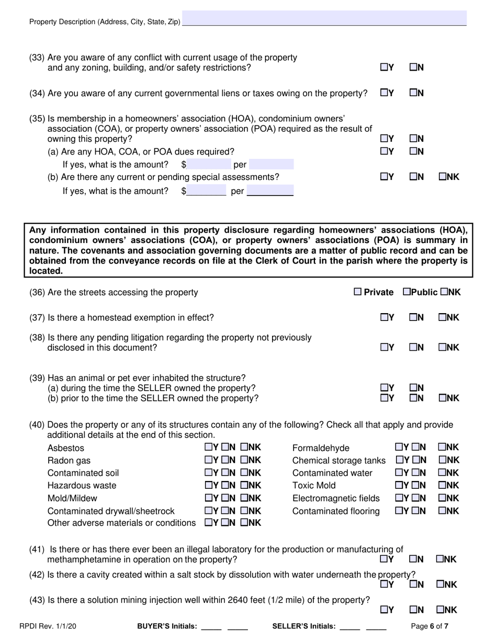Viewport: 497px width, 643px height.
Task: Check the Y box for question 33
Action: [384, 67]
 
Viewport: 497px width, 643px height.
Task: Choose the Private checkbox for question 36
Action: [358, 292]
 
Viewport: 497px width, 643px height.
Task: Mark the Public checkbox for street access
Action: [406, 292]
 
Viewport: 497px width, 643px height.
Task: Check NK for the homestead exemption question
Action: [443, 317]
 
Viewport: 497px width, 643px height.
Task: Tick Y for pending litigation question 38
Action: [384, 347]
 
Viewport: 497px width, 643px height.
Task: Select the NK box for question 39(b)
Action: [443, 398]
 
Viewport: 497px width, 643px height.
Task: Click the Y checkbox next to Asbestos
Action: [208, 447]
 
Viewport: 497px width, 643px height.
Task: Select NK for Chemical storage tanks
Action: [442, 460]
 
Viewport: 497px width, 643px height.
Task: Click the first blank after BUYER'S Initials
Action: [211, 625]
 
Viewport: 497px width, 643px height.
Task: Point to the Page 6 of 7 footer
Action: [430, 625]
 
